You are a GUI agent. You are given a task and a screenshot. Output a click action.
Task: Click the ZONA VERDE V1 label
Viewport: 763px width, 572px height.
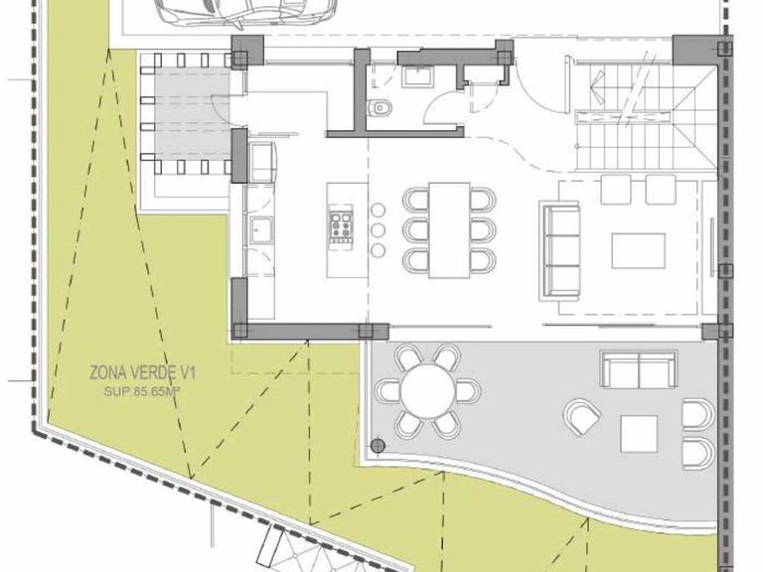click(x=142, y=373)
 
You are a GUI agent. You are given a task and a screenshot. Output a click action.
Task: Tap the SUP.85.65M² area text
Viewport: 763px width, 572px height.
click(x=140, y=390)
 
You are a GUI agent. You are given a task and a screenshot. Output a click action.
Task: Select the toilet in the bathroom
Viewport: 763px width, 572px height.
click(x=380, y=107)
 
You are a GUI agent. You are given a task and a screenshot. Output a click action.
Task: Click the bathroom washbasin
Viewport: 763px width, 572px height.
click(x=417, y=76)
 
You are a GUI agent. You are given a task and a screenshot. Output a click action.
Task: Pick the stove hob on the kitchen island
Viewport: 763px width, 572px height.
click(x=341, y=226)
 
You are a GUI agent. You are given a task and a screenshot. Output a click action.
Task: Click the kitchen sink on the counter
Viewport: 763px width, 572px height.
click(x=262, y=229)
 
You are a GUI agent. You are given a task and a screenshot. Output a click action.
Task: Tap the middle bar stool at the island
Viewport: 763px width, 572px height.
click(x=379, y=230)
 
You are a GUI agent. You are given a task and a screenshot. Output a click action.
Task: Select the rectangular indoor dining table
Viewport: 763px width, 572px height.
click(x=449, y=230)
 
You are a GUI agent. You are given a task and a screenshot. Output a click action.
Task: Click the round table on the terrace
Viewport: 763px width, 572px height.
click(x=427, y=390)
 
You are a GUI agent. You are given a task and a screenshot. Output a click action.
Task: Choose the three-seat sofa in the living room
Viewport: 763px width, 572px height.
click(x=560, y=251)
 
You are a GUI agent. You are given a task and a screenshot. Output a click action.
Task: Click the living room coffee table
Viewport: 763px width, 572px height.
click(x=639, y=250)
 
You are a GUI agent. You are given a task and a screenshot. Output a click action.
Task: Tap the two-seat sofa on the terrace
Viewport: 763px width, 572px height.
click(x=639, y=368)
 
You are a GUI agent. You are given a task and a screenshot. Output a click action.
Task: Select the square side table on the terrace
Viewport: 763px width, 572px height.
click(x=639, y=434)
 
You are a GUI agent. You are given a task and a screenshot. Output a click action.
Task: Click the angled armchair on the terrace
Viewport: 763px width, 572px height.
click(x=582, y=417)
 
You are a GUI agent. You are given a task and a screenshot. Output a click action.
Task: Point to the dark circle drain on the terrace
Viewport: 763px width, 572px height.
click(x=378, y=446)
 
